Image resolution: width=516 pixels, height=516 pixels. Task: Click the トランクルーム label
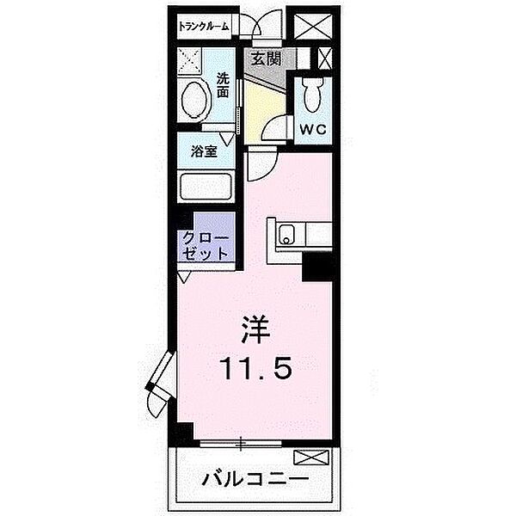click(204, 27)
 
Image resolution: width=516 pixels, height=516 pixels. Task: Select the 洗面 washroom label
click(223, 83)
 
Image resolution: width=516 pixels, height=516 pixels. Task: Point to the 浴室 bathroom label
click(204, 150)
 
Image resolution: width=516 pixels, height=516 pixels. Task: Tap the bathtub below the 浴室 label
click(206, 187)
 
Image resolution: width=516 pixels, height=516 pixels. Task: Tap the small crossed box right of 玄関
click(325, 58)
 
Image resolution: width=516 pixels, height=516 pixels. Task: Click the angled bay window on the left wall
click(159, 384)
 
